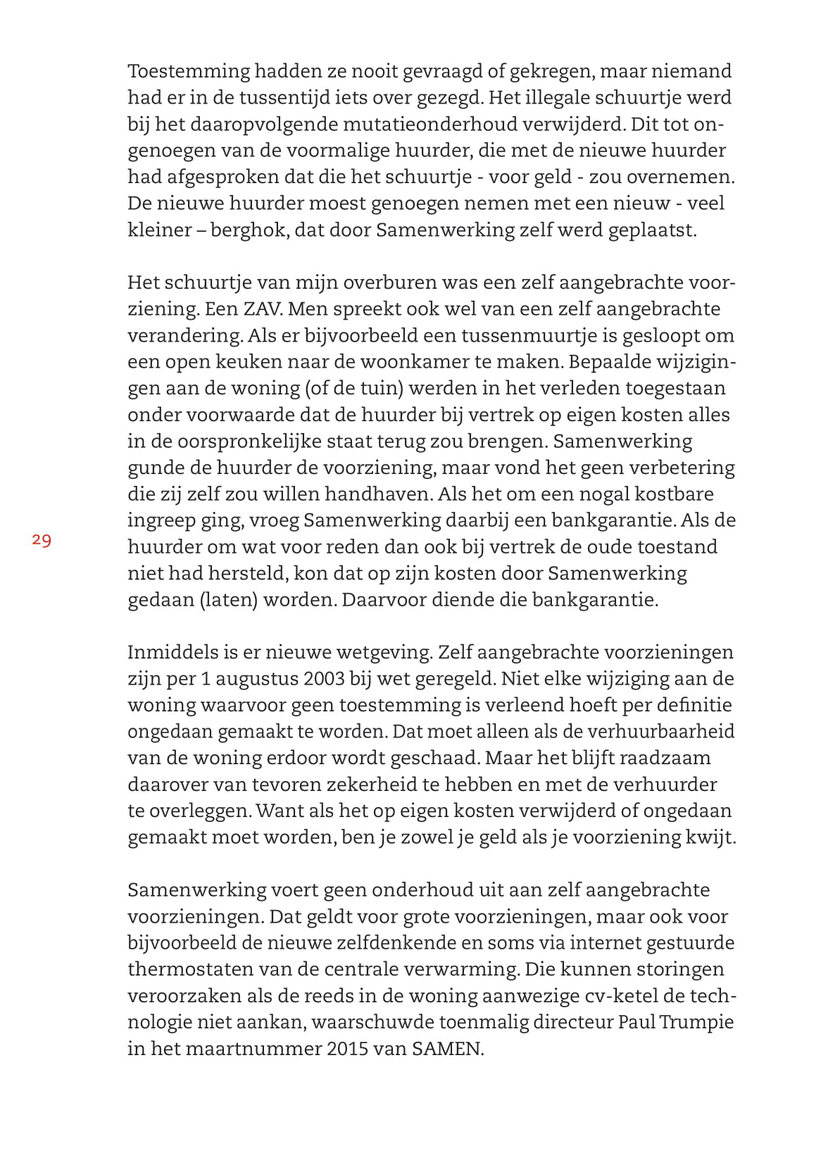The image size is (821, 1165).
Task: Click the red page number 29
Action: click(42, 540)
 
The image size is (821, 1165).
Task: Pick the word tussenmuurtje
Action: click(543, 336)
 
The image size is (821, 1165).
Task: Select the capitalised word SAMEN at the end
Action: click(448, 1049)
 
